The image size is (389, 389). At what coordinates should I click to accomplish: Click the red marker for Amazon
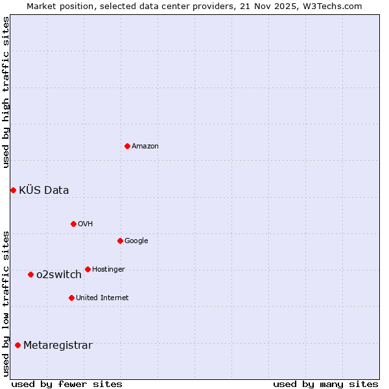pyautogui.click(x=127, y=146)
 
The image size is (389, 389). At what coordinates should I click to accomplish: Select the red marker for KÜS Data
pyautogui.click(x=13, y=190)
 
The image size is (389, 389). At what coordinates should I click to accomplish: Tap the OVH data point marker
pyautogui.click(x=73, y=224)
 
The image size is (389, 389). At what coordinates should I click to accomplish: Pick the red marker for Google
pyautogui.click(x=120, y=241)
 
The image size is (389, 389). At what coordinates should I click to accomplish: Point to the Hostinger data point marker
pyautogui.click(x=88, y=269)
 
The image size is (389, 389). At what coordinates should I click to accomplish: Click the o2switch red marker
pyautogui.click(x=30, y=274)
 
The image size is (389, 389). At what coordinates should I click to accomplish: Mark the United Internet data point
pyautogui.click(x=71, y=298)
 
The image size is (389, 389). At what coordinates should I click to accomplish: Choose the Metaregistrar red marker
pyautogui.click(x=18, y=345)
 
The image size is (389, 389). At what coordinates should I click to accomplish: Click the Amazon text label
pyautogui.click(x=145, y=147)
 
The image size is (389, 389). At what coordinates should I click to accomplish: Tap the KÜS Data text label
pyautogui.click(x=44, y=191)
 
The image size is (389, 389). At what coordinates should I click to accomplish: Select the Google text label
pyautogui.click(x=136, y=241)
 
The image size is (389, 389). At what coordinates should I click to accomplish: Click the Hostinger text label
pyautogui.click(x=108, y=270)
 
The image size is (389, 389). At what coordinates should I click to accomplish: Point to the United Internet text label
pyautogui.click(x=102, y=298)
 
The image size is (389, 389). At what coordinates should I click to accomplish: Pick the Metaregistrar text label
pyautogui.click(x=58, y=346)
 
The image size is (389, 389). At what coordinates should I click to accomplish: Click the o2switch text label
pyautogui.click(x=59, y=275)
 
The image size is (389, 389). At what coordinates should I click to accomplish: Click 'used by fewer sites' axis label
pyautogui.click(x=67, y=384)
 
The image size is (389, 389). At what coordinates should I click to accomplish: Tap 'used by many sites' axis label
pyautogui.click(x=325, y=384)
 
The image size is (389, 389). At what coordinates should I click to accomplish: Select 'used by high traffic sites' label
pyautogui.click(x=6, y=92)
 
